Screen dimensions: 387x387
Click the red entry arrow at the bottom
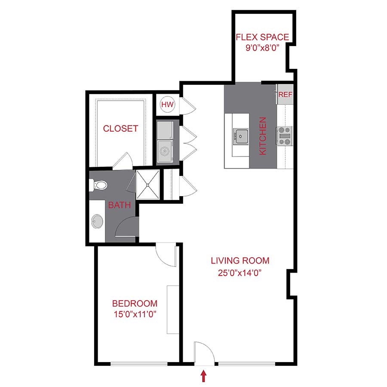[x=204, y=377]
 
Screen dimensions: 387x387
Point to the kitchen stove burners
[x=284, y=136]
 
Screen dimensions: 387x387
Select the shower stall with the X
[x=147, y=184]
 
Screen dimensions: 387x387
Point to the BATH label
[x=119, y=205]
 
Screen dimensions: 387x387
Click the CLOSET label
[x=120, y=129]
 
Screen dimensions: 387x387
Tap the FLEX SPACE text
[x=262, y=37]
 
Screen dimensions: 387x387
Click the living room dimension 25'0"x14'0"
[x=240, y=272]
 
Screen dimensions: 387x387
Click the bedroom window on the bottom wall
[x=139, y=364]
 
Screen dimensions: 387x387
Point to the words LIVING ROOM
[x=240, y=260]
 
